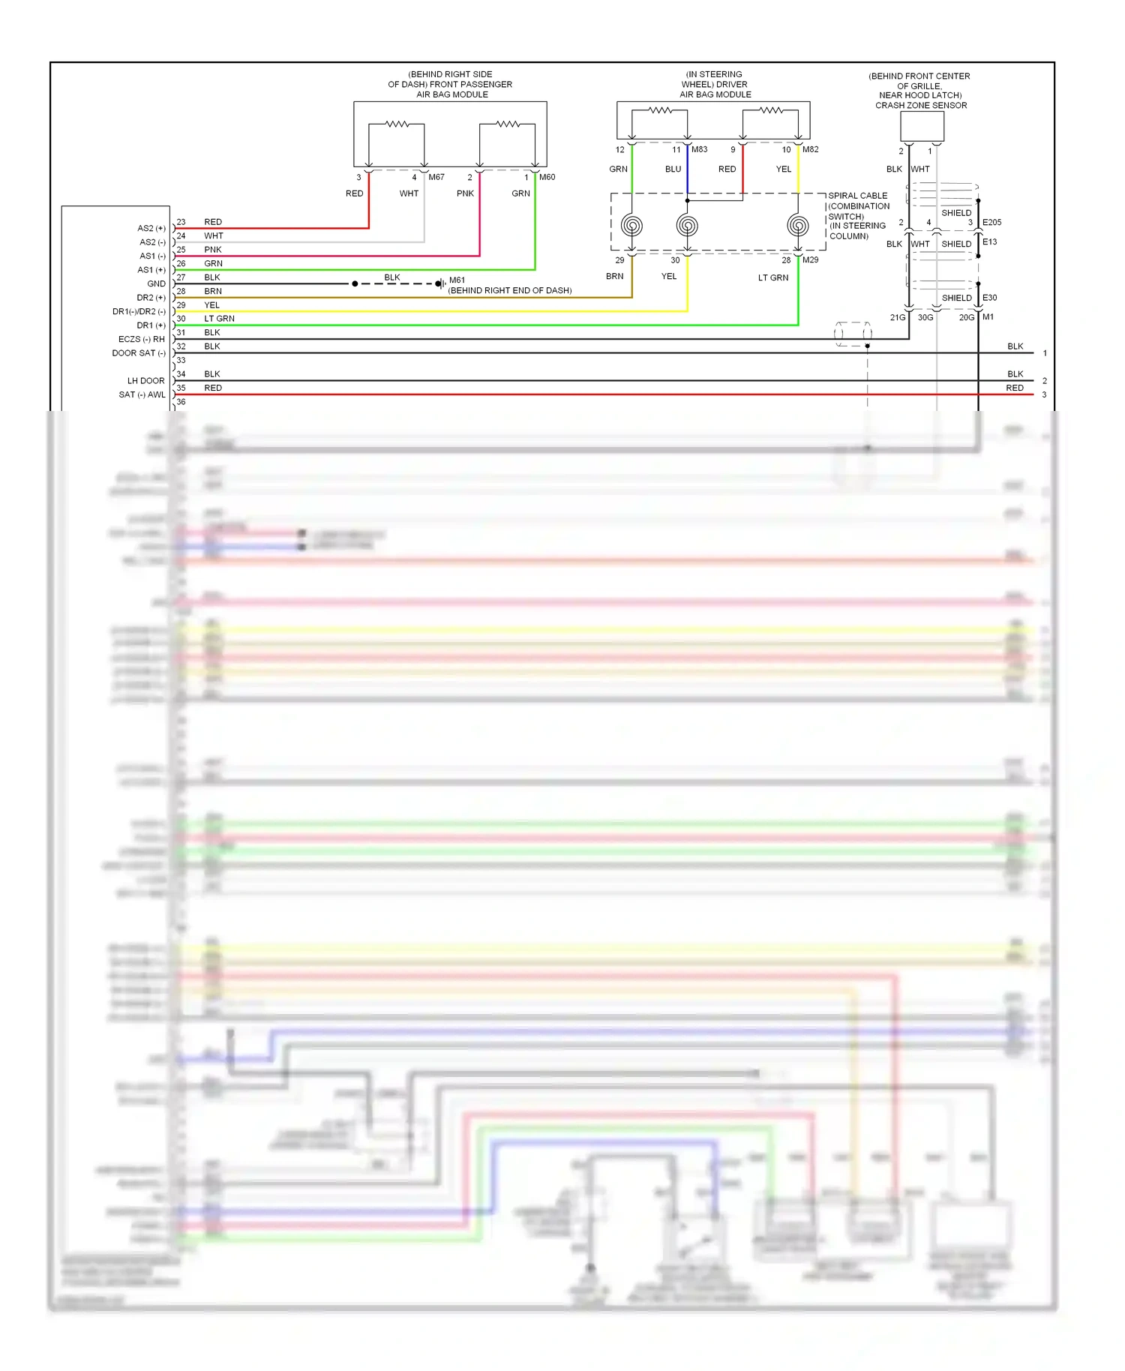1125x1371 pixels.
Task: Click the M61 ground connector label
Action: (457, 280)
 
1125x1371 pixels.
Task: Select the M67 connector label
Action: (436, 177)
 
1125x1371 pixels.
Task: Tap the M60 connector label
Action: (547, 177)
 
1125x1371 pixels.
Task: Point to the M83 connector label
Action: (699, 149)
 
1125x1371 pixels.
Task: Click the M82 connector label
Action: (810, 149)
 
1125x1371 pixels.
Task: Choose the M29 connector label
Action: (810, 260)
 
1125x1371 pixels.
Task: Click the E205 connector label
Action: (991, 222)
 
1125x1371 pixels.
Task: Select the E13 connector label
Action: (989, 241)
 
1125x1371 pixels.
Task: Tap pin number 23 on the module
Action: (181, 222)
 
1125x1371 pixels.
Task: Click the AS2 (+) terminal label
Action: (151, 228)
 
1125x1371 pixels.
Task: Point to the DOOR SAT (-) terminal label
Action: (138, 353)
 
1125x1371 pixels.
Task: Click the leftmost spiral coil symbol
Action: (631, 225)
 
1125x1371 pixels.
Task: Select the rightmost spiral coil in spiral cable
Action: (798, 225)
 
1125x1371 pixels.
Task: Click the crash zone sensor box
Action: (922, 126)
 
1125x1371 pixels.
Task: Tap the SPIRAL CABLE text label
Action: (857, 196)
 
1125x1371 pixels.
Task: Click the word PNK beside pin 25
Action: (213, 250)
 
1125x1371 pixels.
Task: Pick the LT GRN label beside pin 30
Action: (219, 319)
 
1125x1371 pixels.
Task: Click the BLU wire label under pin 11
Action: (673, 169)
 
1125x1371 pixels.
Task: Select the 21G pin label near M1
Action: (897, 317)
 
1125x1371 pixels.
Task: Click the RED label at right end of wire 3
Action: (1014, 388)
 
